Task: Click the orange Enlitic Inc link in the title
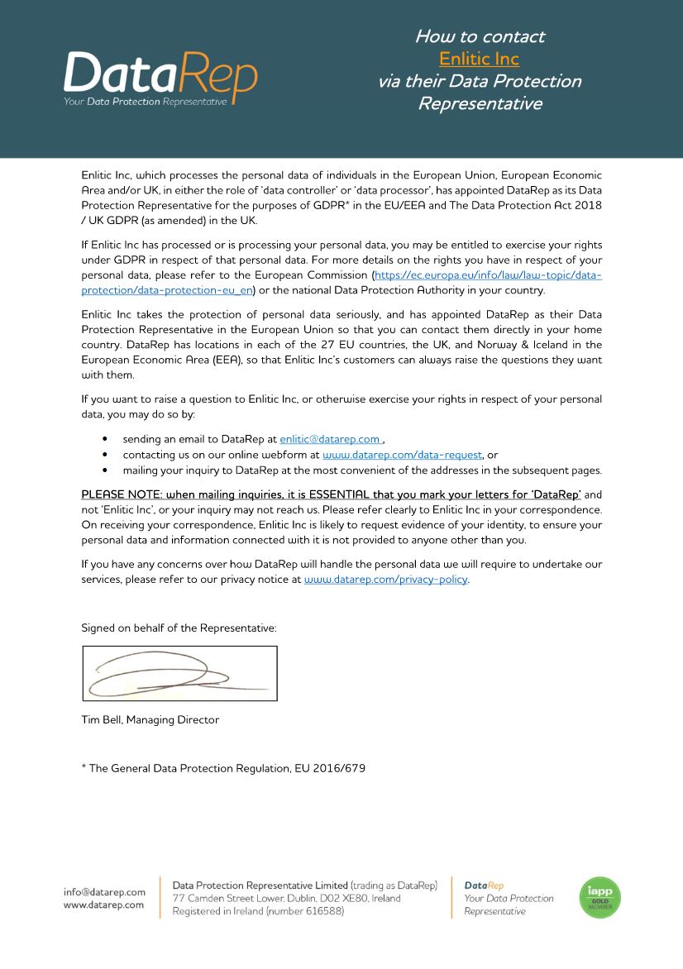point(479,59)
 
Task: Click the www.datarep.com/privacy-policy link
point(385,580)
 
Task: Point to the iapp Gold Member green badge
point(599,898)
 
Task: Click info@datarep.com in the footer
point(104,892)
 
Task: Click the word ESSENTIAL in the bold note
point(344,494)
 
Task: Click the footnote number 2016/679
point(341,768)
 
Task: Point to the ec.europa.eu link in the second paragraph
point(488,274)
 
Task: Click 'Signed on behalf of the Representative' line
point(179,628)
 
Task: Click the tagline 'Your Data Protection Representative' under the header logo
point(145,102)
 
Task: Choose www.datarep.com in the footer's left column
point(103,905)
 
